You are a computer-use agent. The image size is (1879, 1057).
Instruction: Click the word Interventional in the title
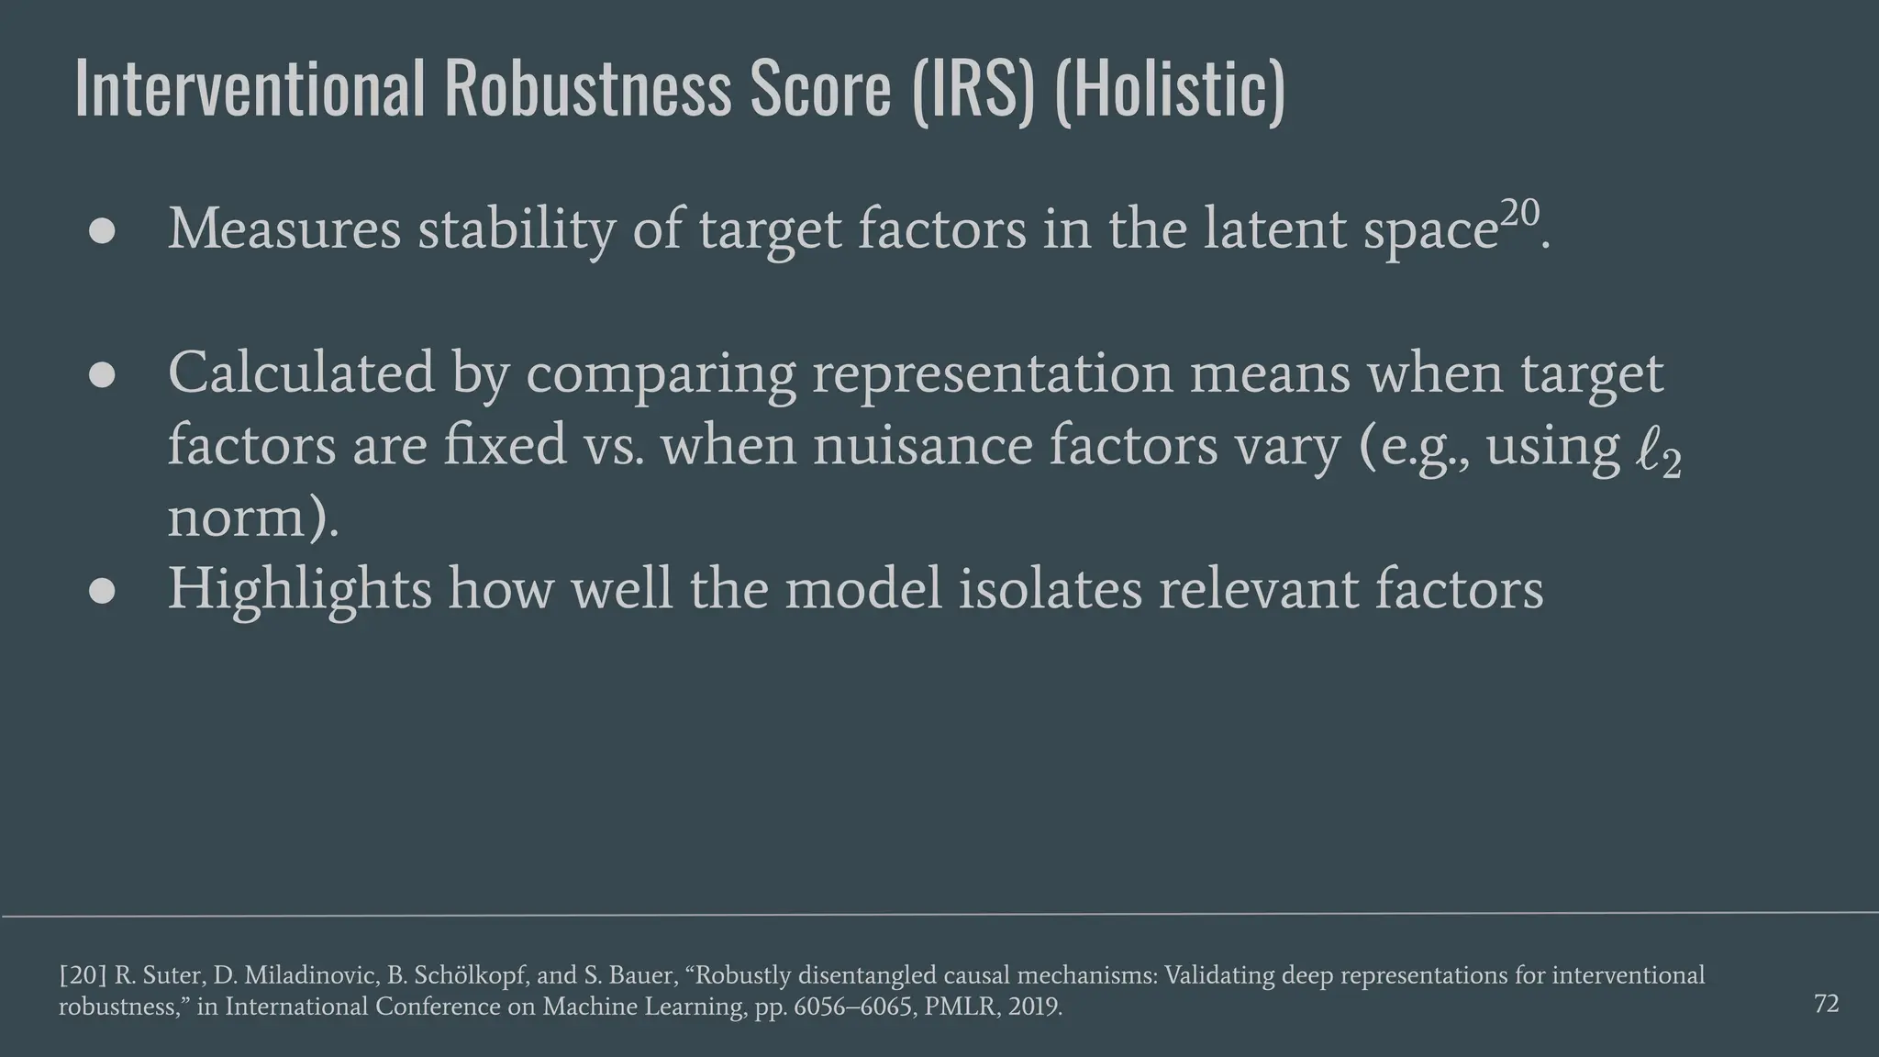pyautogui.click(x=250, y=88)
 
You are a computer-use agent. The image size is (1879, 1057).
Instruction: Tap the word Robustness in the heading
pyautogui.click(x=589, y=88)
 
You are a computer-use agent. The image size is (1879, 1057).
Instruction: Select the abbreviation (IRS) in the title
pyautogui.click(x=973, y=88)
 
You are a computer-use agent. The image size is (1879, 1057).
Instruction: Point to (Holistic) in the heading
pyautogui.click(x=1170, y=88)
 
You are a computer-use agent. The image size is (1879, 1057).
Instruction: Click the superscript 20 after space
pyautogui.click(x=1520, y=214)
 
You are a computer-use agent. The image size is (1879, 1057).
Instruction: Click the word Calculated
pyautogui.click(x=301, y=373)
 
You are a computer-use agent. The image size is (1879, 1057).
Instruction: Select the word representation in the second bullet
pyautogui.click(x=992, y=375)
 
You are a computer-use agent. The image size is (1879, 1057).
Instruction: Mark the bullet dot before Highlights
pyautogui.click(x=102, y=591)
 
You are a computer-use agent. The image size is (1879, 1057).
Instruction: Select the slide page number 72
pyautogui.click(x=1826, y=1004)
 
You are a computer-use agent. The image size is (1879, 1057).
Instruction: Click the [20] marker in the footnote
pyautogui.click(x=83, y=975)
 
